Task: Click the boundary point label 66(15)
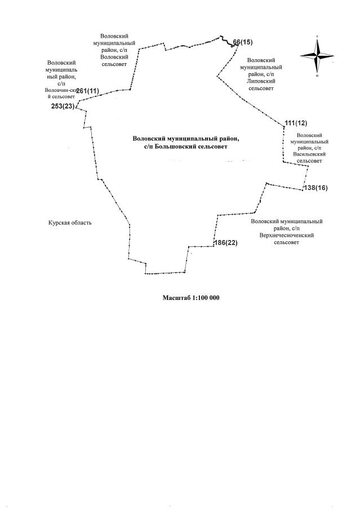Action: (243, 42)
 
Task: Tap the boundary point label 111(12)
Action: (296, 123)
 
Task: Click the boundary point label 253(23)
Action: (63, 106)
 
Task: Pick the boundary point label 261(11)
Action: (87, 91)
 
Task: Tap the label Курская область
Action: (70, 223)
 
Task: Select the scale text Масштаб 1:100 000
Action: (190, 298)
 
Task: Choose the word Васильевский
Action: (309, 154)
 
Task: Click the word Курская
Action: (59, 223)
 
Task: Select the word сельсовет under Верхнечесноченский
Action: (286, 243)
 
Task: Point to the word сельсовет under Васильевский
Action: (309, 161)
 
